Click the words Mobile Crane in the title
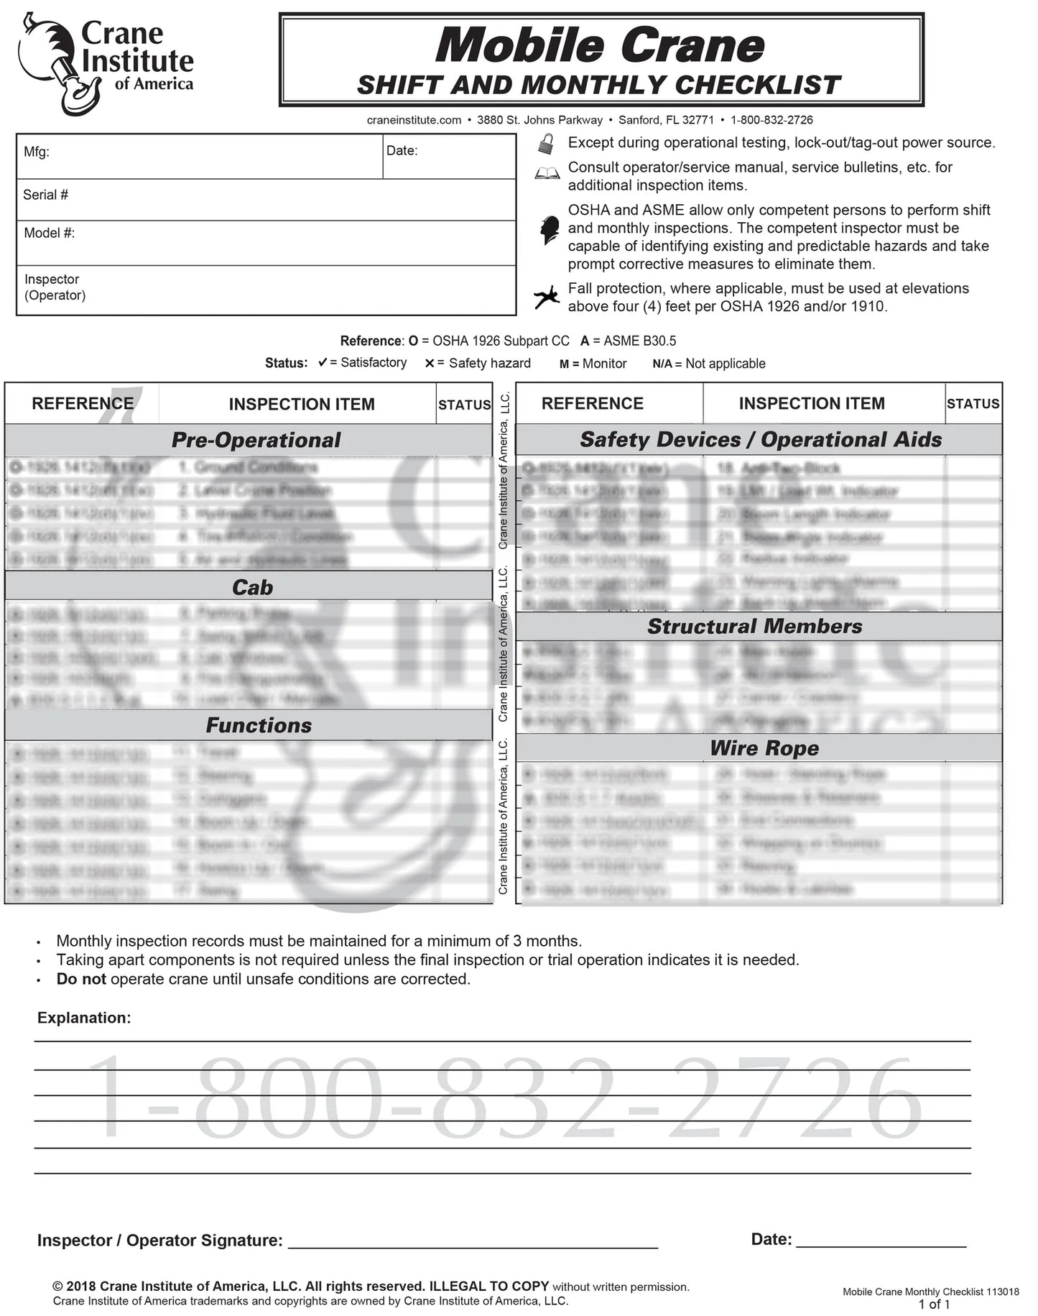click(600, 46)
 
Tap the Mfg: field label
click(37, 152)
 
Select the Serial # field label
click(45, 195)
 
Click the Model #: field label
click(49, 233)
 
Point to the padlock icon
click(546, 144)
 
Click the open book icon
click(547, 174)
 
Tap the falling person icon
click(547, 296)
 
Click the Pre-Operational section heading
click(256, 440)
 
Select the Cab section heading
click(252, 587)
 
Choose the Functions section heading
click(259, 725)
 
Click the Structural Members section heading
click(754, 626)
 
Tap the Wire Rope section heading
click(764, 748)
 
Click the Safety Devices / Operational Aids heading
click(760, 439)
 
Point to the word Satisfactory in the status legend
click(374, 363)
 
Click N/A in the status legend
click(662, 364)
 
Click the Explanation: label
click(84, 1018)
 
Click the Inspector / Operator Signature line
click(473, 1242)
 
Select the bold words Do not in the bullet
click(81, 979)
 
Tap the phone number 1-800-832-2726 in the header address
click(771, 120)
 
